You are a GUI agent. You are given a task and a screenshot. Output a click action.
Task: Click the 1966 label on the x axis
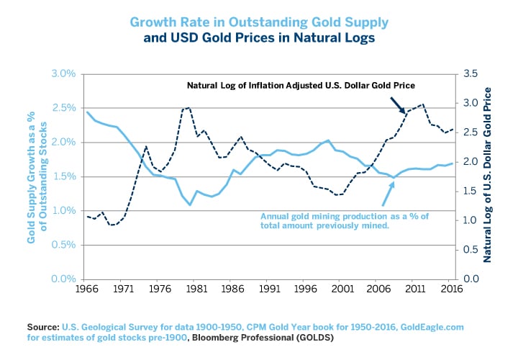[x=87, y=291]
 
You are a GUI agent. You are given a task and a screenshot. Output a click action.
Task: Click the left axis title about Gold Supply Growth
[x=37, y=176]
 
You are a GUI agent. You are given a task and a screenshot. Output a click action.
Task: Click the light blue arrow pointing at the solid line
[x=388, y=192]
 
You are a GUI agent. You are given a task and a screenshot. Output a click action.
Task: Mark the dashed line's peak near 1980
[x=188, y=107]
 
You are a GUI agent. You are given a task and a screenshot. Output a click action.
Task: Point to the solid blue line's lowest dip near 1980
[x=191, y=205]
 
